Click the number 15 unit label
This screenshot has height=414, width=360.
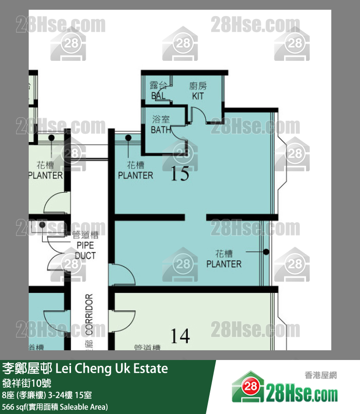click(x=180, y=174)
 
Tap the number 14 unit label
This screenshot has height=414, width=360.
click(x=180, y=336)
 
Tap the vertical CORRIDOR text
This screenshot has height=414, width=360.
click(x=89, y=314)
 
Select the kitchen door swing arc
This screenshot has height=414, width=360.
click(x=200, y=117)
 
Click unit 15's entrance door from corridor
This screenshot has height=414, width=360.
click(x=122, y=275)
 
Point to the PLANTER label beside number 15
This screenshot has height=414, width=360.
click(x=135, y=170)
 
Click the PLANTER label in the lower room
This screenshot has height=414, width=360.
click(x=224, y=259)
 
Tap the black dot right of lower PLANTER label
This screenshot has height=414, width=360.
click(x=266, y=252)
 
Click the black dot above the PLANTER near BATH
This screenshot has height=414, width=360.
click(x=129, y=138)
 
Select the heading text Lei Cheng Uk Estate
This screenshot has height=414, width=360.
click(x=112, y=368)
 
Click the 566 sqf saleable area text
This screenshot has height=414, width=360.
click(x=55, y=406)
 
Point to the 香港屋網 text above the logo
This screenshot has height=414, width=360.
click(x=321, y=375)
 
